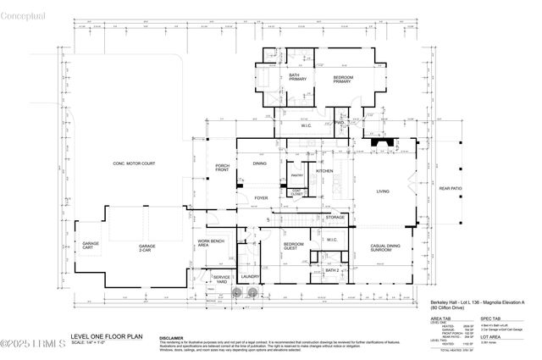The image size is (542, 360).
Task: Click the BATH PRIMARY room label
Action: [x=295, y=78]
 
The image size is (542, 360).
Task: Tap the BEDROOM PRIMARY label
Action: [x=342, y=80]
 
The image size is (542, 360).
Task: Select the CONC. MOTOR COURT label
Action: [x=135, y=163]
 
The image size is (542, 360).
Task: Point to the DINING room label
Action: [x=259, y=163]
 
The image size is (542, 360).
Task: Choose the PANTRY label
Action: [x=297, y=175]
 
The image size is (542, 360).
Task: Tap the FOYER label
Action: [x=262, y=199]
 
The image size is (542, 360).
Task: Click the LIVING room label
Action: [x=384, y=192]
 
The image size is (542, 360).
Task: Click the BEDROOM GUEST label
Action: [x=295, y=246]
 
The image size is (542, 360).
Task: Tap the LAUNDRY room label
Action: [x=250, y=277]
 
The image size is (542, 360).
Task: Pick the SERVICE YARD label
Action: [x=221, y=280]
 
